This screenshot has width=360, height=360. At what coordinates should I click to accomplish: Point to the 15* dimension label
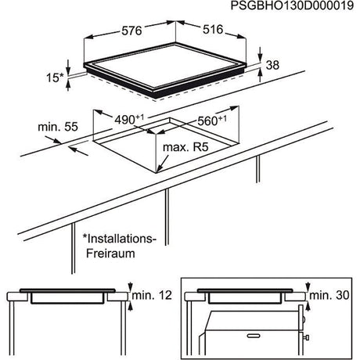pyautogui.click(x=55, y=77)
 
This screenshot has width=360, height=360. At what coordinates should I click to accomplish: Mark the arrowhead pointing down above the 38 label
pyautogui.click(x=260, y=52)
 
